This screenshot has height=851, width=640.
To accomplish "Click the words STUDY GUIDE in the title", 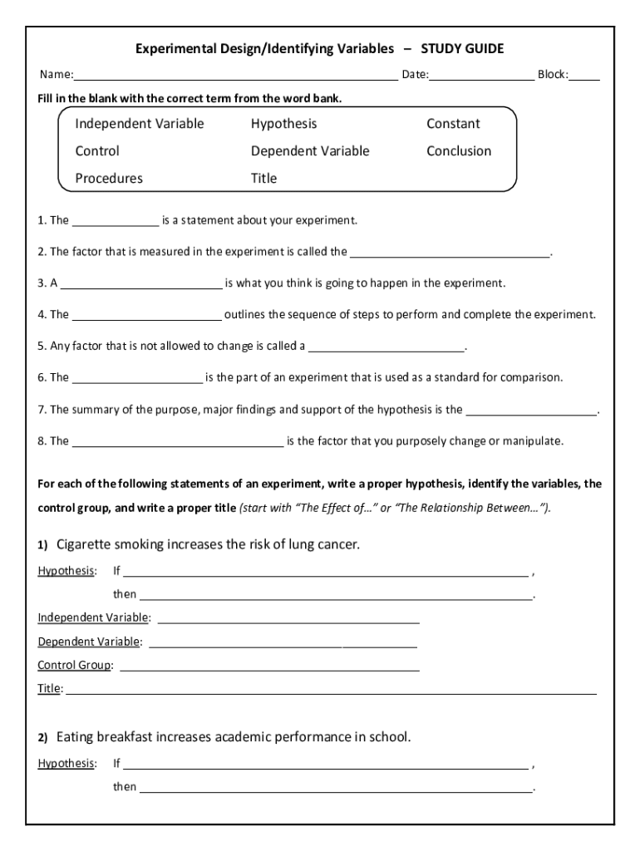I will [462, 49].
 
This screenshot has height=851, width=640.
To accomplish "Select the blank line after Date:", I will [482, 77].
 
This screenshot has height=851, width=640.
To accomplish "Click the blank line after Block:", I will [584, 77].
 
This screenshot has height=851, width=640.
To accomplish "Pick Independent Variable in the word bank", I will [139, 124].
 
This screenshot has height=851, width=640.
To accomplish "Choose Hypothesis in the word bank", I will [283, 124].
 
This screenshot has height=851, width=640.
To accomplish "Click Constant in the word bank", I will [453, 124].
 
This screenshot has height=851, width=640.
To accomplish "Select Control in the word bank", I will [97, 151].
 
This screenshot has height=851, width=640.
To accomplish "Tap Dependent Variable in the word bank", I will [310, 151].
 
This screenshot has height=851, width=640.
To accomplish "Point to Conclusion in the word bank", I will [459, 151].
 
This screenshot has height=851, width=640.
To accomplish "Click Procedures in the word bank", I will [109, 179].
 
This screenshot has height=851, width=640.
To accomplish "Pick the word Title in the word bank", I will [263, 179].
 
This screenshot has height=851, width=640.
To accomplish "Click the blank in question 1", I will [116, 223].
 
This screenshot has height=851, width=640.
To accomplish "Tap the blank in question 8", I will [178, 443].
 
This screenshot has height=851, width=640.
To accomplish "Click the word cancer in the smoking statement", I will [337, 545].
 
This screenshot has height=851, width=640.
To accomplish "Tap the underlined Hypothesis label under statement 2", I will [66, 764].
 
